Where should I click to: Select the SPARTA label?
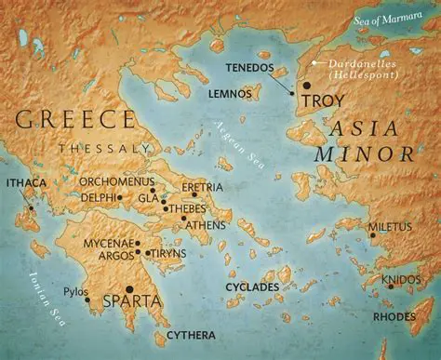pos(137,301)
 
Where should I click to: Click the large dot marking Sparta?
pos(129,288)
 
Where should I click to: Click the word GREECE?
pos(75,119)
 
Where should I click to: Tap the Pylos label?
pos(75,291)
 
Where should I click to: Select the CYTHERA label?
pos(191,334)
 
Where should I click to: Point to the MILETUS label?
pos(388,226)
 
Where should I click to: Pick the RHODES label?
pos(394,314)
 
